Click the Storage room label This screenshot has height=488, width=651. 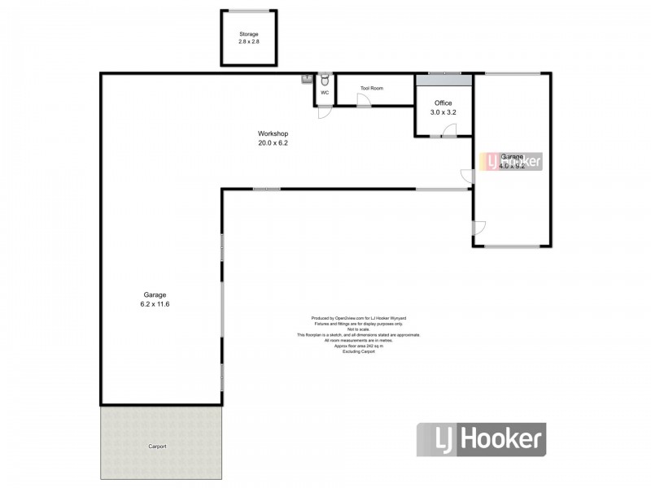[x=249, y=34]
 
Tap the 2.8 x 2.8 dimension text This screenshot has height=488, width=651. [x=249, y=41]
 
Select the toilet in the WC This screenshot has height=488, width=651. [x=324, y=80]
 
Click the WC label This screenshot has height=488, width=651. [x=324, y=93]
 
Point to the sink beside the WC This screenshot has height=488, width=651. [x=308, y=79]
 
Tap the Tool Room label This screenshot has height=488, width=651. [x=371, y=88]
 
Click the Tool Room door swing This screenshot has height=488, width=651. [x=364, y=100]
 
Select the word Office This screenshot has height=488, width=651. [x=443, y=103]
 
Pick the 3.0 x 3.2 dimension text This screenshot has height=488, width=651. [x=443, y=112]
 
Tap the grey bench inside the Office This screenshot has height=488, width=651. [x=443, y=80]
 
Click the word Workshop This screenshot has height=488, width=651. [x=273, y=133]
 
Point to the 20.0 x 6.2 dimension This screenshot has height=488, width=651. [x=273, y=143]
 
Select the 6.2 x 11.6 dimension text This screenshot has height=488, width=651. [x=155, y=304]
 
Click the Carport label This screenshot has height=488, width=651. [x=159, y=447]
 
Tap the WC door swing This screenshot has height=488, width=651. [x=324, y=113]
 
